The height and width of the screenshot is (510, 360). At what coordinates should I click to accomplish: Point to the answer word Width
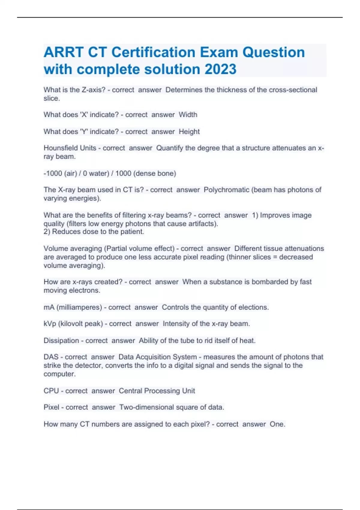(188, 115)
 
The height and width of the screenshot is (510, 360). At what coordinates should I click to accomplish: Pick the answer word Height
(189, 131)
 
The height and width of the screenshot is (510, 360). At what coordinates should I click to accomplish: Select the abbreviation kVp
(50, 324)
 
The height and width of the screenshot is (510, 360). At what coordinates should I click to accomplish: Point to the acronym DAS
(51, 357)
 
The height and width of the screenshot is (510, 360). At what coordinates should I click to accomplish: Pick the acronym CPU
(51, 391)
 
